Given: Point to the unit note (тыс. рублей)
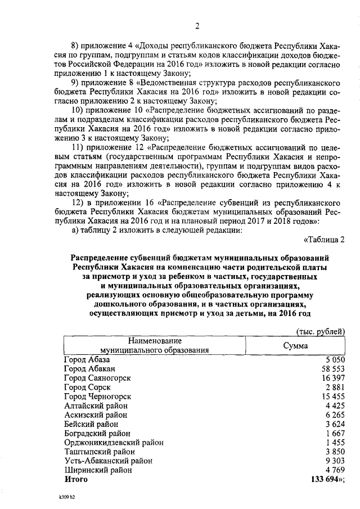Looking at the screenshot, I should pos(319,332).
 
